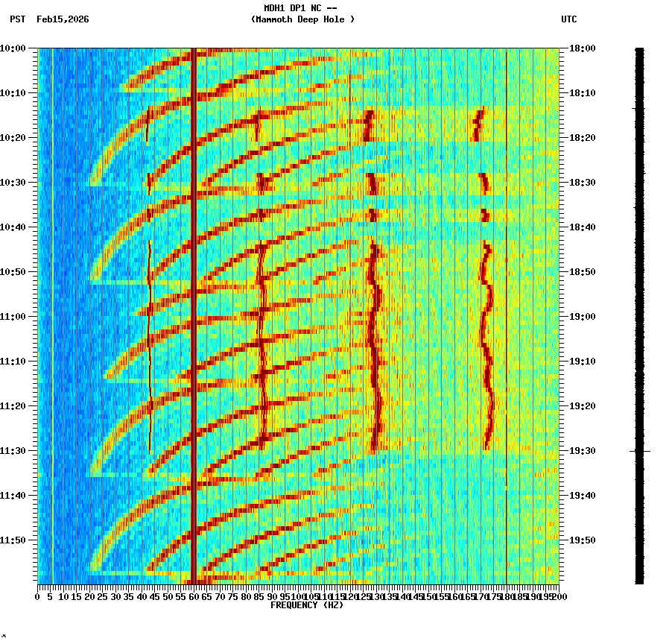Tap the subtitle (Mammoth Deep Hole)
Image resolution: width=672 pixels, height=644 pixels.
[302, 19]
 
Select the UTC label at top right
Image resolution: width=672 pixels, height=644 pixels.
[568, 19]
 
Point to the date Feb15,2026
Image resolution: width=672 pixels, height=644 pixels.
[63, 19]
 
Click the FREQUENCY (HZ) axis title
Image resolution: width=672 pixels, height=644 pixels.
[306, 605]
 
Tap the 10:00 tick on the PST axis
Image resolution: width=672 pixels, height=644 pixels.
[13, 48]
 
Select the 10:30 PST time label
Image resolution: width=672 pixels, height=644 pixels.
[13, 183]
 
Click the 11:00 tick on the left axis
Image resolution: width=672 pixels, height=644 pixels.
[13, 317]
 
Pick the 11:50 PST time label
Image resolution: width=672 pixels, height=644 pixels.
[13, 540]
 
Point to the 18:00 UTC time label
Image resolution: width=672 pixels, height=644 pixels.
[583, 48]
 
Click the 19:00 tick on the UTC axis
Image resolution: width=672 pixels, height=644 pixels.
[583, 317]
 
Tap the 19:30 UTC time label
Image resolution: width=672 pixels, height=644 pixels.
[583, 451]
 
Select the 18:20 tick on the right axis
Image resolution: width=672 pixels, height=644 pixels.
[583, 138]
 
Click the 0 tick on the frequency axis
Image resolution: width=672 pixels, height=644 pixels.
[38, 596]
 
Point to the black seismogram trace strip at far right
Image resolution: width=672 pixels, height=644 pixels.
[639, 313]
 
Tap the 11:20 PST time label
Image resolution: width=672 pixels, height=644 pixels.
[13, 406]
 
